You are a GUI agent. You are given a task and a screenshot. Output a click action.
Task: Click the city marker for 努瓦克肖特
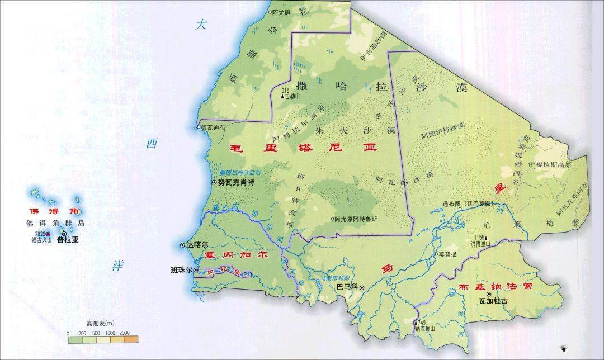[215, 183]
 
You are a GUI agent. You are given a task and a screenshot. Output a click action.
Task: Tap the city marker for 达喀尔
[183, 245]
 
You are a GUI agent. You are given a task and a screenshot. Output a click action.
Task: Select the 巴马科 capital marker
[362, 288]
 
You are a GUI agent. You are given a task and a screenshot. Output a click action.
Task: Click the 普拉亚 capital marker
[64, 234]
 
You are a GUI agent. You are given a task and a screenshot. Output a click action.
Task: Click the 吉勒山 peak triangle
[282, 96]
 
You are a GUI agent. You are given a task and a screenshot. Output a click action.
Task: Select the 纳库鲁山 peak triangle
[416, 323]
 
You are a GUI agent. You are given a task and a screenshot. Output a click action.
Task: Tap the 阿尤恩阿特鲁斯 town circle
[332, 219]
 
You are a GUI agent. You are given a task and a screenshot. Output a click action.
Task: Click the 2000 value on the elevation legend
[124, 333]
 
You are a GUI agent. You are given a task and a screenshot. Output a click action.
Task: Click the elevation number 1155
[475, 237]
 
